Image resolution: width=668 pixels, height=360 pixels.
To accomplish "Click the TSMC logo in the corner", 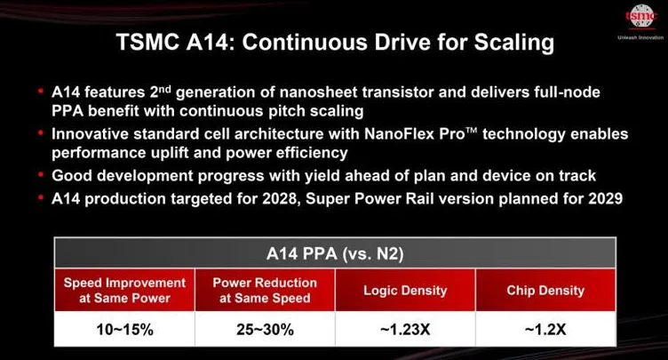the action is point(640,16).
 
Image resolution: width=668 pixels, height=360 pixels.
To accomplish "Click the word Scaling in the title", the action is point(514,43).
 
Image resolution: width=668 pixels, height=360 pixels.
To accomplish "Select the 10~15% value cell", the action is point(124,329).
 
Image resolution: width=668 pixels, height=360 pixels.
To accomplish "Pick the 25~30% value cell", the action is point(265,329).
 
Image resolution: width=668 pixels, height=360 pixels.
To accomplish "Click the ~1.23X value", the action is point(405,329).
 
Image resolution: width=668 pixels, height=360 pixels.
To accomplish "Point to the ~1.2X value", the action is point(545,329).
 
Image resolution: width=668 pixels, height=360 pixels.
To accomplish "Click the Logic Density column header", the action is point(405,290).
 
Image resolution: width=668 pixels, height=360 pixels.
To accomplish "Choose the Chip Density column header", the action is point(545,290).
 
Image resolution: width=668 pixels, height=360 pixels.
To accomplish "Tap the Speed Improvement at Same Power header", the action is point(124,290).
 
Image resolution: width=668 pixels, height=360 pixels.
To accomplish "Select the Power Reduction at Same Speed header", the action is point(265,290).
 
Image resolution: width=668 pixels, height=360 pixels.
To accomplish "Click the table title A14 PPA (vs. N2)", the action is point(335,254).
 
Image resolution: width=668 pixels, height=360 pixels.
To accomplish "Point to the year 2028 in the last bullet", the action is point(279,198).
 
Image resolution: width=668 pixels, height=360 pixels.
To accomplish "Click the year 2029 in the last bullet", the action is point(606,198).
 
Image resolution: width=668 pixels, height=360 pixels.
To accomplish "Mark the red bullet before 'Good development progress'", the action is point(41,174).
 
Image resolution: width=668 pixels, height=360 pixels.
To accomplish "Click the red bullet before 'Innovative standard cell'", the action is point(41,132).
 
